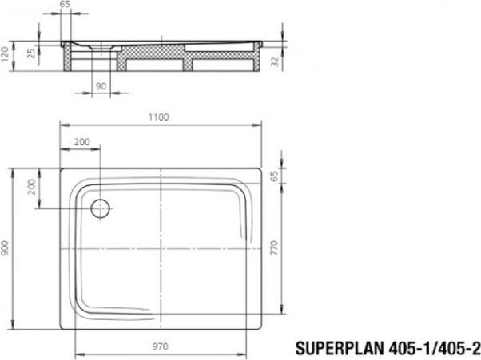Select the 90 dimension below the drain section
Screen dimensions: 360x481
pos(101,85)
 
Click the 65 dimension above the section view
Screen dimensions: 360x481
pos(66,5)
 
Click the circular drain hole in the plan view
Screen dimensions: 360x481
pos(101,209)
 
